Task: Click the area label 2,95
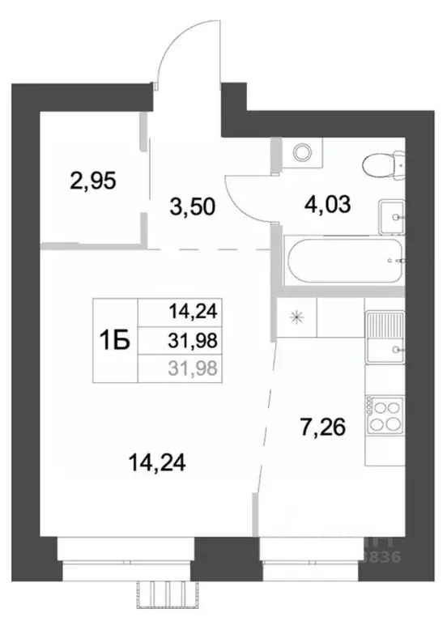pos(94,181)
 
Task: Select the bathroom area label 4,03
pos(328,204)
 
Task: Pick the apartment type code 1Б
pos(115,341)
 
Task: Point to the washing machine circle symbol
pos(303,152)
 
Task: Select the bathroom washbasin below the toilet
pos(392,215)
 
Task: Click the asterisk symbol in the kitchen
pos(297,317)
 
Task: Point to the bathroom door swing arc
pos(245,198)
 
